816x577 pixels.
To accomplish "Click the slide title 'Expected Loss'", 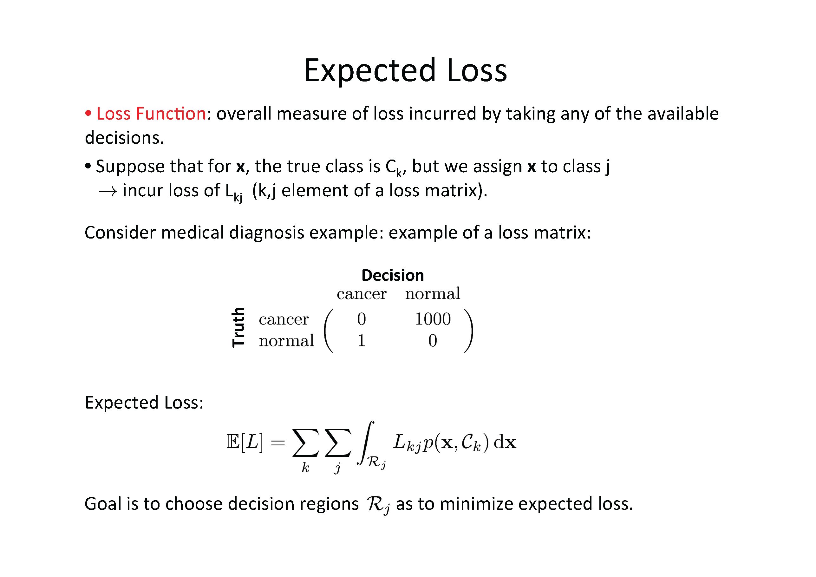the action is (406, 70).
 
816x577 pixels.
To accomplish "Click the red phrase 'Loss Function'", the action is (151, 114).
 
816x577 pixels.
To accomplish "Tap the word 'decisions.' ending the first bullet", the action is (124, 138).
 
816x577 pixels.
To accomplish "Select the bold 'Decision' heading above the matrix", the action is (393, 275).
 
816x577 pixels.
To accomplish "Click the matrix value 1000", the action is (433, 319).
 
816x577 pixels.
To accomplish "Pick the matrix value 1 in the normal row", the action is (362, 341).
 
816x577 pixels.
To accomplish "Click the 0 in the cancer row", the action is (362, 319).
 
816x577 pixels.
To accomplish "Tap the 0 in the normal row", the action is (433, 341).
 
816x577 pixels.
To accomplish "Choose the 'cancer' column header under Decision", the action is (362, 294).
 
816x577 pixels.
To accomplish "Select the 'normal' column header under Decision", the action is (433, 294).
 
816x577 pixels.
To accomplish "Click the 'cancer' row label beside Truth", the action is (284, 319).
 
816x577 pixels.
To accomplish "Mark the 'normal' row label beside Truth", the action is (286, 341).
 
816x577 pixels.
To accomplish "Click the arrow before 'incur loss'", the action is (108, 192).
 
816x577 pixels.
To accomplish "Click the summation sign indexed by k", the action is (305, 443).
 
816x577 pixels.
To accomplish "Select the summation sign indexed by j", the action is (338, 443).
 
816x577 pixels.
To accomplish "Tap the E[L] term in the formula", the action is (245, 443).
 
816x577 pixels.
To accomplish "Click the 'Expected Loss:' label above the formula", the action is (144, 403).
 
